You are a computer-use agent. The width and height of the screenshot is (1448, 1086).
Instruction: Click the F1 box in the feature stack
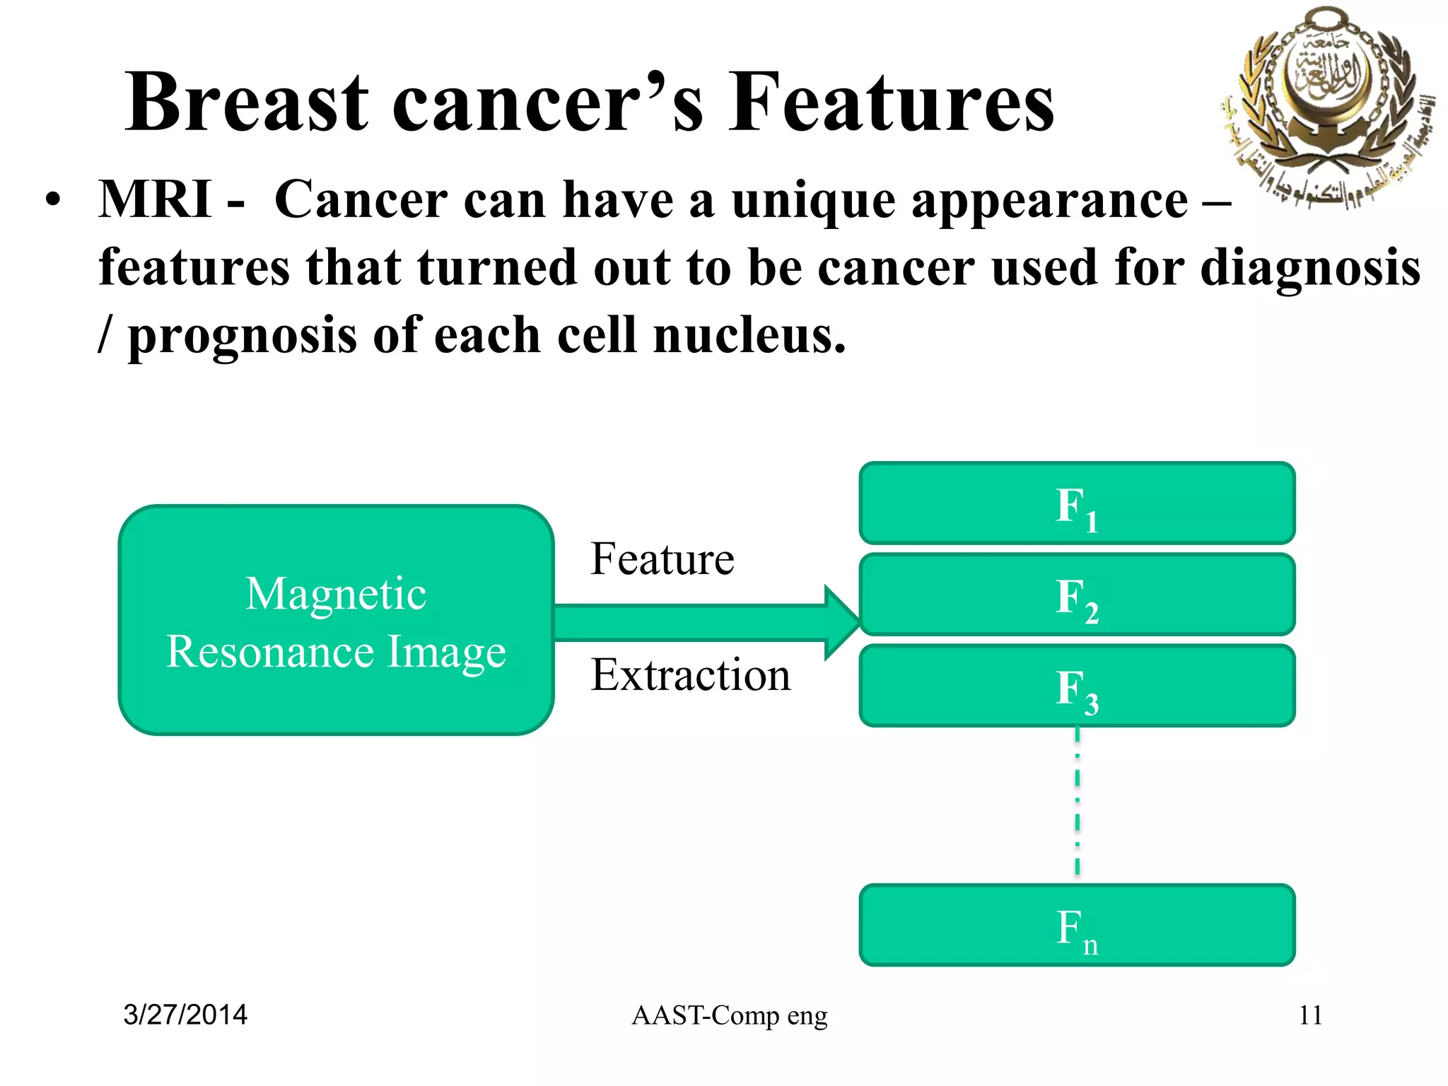[1077, 503]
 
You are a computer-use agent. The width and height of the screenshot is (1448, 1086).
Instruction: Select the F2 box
[1077, 595]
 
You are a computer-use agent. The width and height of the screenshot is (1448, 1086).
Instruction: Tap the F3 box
[1077, 686]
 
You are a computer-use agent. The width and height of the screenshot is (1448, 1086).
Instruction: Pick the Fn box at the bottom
[1077, 925]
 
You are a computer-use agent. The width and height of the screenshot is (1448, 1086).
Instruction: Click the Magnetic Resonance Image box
[336, 620]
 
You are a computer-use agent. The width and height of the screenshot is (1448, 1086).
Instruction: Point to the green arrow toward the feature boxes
[707, 623]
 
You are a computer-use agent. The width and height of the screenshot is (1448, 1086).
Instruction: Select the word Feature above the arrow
[662, 559]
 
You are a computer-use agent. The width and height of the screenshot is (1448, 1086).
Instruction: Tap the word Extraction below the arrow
[691, 675]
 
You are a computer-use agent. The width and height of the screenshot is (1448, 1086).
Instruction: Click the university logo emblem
[1326, 106]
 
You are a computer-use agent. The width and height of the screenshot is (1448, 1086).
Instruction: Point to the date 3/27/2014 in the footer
[185, 1015]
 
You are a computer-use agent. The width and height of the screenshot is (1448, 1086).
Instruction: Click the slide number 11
[1310, 1015]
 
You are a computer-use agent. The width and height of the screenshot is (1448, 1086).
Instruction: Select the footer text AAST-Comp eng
[729, 1015]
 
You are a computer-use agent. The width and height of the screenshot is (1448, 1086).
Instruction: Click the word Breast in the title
[247, 103]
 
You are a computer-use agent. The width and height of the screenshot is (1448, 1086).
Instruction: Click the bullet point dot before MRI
[52, 201]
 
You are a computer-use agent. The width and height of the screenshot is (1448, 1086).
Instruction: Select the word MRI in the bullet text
[155, 199]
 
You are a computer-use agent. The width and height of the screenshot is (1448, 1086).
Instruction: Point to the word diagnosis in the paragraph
[1310, 269]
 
